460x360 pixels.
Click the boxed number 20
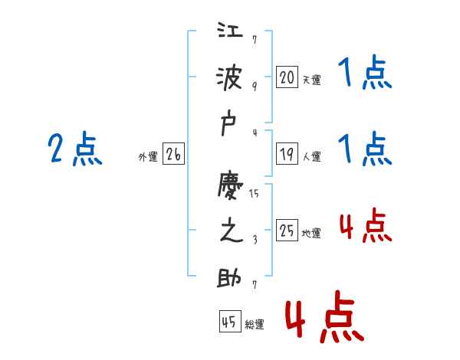pyautogui.click(x=287, y=77)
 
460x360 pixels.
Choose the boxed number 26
pyautogui.click(x=173, y=155)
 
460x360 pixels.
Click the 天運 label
pyautogui.click(x=311, y=80)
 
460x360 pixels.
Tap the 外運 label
pyautogui.click(x=148, y=157)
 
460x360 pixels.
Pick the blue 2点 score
pyautogui.click(x=75, y=149)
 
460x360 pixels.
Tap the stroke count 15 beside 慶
pyautogui.click(x=254, y=194)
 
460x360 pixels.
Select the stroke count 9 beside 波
pyautogui.click(x=255, y=87)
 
